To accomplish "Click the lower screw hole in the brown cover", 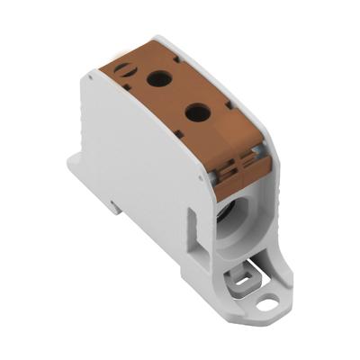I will click(x=196, y=112).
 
